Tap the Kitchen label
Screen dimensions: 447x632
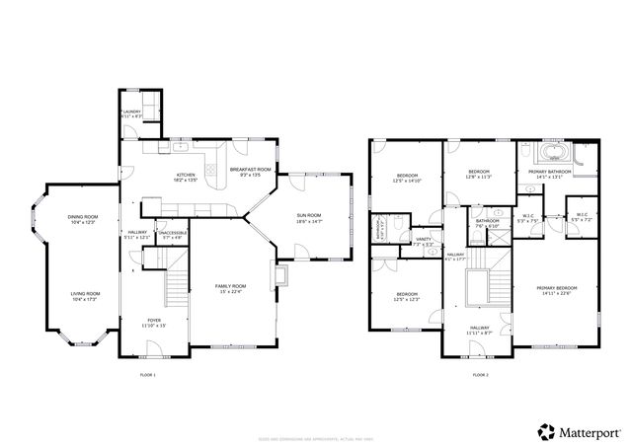click(x=186, y=178)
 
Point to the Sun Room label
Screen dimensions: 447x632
click(x=309, y=221)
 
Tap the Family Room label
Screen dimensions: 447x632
click(x=231, y=288)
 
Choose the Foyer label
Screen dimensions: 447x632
click(x=154, y=322)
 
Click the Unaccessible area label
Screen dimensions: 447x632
click(x=171, y=235)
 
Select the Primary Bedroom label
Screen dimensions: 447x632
click(x=557, y=290)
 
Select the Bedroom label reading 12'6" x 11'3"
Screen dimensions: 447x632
click(x=479, y=175)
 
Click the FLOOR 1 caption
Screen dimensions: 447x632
click(x=148, y=375)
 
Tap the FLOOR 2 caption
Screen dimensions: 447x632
click(x=480, y=375)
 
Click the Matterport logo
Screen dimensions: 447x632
click(x=579, y=431)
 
